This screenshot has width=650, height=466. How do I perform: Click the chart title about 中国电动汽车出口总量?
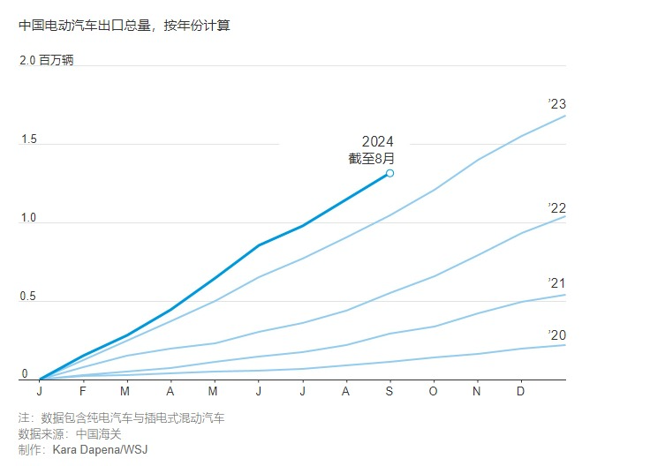pyautogui.click(x=124, y=26)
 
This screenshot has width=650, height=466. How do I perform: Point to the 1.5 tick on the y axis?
pyautogui.click(x=28, y=139)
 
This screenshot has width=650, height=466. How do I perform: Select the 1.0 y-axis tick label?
pyautogui.click(x=28, y=218)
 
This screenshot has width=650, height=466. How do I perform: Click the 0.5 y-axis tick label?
pyautogui.click(x=28, y=297)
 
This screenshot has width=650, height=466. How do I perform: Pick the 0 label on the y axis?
pyautogui.click(x=24, y=374)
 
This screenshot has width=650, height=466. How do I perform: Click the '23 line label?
pyautogui.click(x=556, y=104)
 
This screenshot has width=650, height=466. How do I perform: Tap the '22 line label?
pyautogui.click(x=556, y=207)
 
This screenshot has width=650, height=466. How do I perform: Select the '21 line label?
pyautogui.click(x=556, y=282)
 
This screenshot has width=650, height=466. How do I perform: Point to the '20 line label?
pyautogui.click(x=556, y=334)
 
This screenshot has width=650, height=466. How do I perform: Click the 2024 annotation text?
pyautogui.click(x=377, y=142)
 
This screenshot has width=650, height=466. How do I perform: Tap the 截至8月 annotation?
pyautogui.click(x=371, y=159)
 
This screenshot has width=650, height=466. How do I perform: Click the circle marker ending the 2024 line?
pyautogui.click(x=389, y=173)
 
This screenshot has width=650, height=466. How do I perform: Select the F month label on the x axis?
pyautogui.click(x=83, y=391)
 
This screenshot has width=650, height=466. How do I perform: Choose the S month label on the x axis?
pyautogui.click(x=389, y=391)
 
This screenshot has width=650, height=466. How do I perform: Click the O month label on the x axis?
pyautogui.click(x=433, y=391)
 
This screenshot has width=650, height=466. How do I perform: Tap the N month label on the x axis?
pyautogui.click(x=477, y=391)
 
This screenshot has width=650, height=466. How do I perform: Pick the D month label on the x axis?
pyautogui.click(x=520, y=391)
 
